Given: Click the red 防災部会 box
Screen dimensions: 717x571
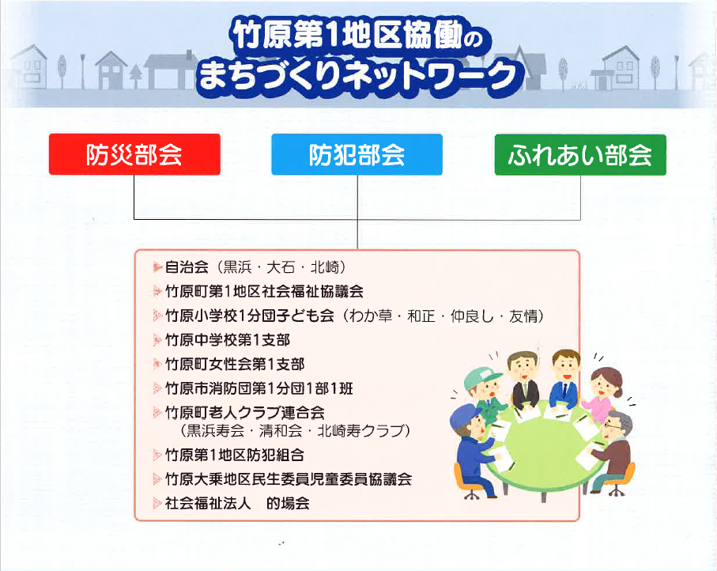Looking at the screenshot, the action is [134, 154].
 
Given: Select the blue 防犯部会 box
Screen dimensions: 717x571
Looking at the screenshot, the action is [357, 154].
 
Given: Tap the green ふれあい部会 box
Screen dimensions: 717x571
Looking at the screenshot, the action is [580, 154].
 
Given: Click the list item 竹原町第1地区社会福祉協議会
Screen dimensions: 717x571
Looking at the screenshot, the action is [264, 292].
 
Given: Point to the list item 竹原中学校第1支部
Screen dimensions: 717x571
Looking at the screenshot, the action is [228, 340].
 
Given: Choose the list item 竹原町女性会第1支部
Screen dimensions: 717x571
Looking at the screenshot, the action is [235, 365].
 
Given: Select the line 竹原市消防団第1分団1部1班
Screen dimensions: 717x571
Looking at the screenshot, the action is [259, 388].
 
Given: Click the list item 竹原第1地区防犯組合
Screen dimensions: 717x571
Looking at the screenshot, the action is [235, 455].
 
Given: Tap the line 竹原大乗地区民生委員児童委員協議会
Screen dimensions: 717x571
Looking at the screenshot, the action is [289, 479].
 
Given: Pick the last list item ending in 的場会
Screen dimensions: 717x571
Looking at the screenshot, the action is [237, 503].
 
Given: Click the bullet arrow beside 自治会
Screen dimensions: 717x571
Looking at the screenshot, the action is [158, 267].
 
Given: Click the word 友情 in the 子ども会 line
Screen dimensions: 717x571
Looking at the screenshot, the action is [523, 316].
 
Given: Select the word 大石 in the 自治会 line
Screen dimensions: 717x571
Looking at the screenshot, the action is [281, 267].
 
